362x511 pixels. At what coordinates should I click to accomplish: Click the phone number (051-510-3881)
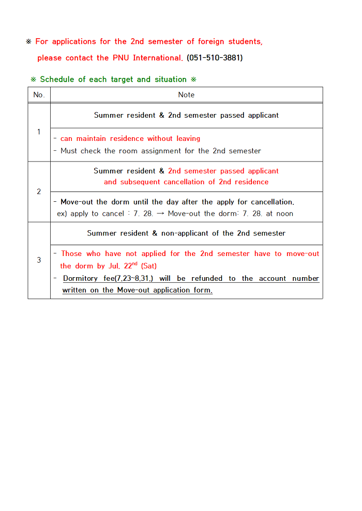215,58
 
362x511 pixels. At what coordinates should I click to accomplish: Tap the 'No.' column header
39,95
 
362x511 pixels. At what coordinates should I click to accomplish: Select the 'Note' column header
186,95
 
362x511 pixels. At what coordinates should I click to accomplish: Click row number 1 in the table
39,132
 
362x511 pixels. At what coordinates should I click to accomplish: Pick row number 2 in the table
39,191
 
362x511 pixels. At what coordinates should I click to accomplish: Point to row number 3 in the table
39,260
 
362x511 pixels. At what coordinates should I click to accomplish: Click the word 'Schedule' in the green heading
57,79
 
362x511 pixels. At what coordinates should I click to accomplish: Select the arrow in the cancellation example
160,214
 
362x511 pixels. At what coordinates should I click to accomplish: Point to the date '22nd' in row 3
131,266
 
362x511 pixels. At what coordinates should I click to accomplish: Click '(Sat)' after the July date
149,266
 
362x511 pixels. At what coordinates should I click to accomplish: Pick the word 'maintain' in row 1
91,139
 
